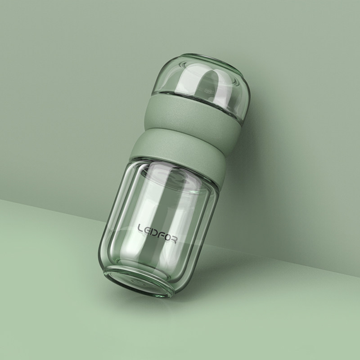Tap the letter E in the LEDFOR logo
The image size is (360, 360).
pyautogui.click(x=147, y=230)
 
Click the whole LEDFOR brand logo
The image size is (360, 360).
pyautogui.click(x=157, y=234)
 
